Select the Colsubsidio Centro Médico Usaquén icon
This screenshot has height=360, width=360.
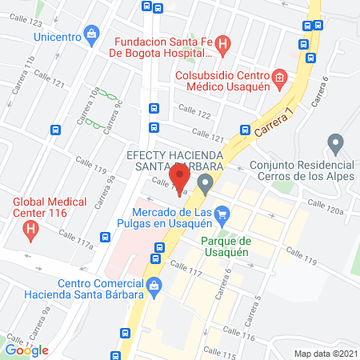click(278, 78)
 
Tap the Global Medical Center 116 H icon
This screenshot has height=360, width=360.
click(30, 230)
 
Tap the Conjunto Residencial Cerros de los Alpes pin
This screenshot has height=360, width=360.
click(336, 145)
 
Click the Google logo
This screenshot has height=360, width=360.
click(27, 350)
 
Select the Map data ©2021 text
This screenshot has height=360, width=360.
click(326, 354)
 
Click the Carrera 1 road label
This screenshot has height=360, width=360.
click(271, 121)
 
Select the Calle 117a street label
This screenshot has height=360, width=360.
click(75, 238)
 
